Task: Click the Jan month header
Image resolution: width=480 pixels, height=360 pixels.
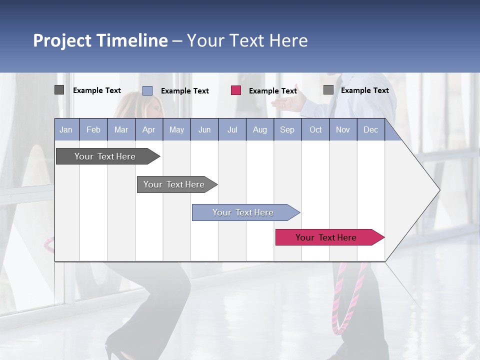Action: [66, 130]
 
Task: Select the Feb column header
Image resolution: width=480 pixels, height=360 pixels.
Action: [93, 130]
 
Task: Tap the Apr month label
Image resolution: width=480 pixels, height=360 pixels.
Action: [148, 130]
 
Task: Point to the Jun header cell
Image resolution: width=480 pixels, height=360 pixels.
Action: [204, 130]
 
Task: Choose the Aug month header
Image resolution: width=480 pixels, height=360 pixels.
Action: [259, 130]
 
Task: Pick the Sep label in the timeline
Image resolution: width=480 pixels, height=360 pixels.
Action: [287, 130]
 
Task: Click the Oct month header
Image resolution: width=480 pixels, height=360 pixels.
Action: [315, 130]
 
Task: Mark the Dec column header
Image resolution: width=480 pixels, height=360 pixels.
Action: [370, 130]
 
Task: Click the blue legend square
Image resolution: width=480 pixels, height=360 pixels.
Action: [147, 90]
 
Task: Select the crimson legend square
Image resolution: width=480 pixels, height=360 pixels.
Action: [236, 90]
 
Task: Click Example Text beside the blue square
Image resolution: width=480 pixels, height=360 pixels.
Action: [185, 91]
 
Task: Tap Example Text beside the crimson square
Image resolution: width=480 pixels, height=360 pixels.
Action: [273, 91]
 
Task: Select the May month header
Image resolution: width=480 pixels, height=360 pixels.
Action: [176, 130]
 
